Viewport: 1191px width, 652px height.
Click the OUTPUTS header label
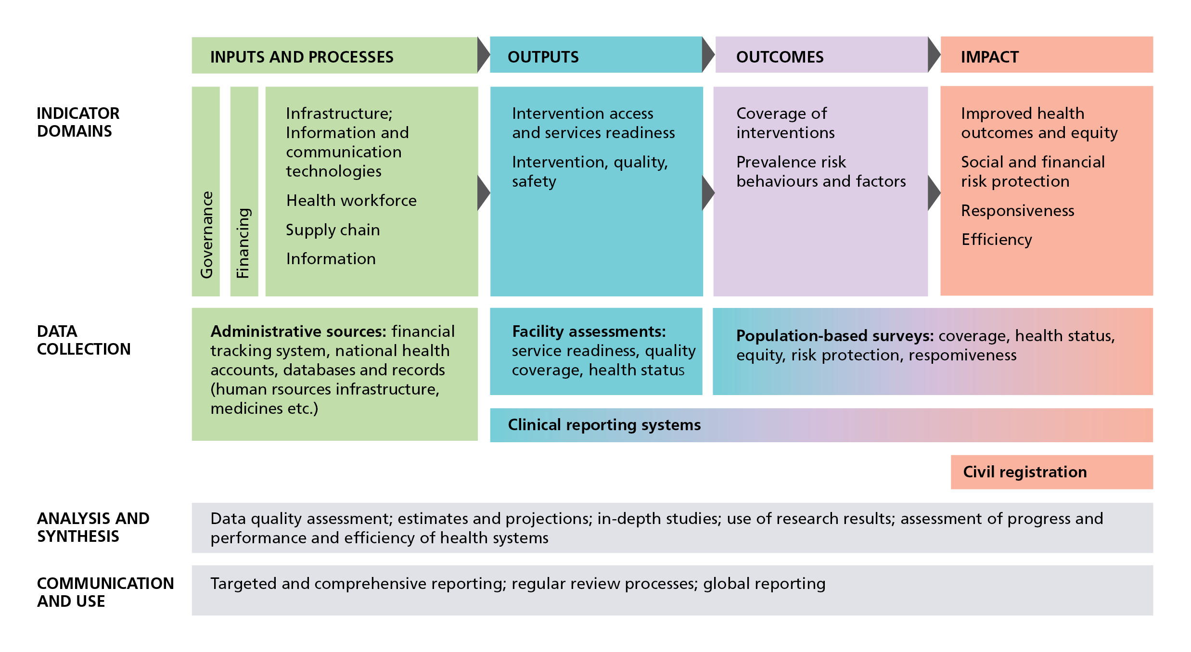[x=543, y=57]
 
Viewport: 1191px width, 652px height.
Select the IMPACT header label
[x=989, y=57]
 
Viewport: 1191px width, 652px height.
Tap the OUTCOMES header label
[x=780, y=57]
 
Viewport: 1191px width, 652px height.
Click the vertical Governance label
[x=206, y=234]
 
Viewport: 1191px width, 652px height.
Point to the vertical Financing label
[x=243, y=243]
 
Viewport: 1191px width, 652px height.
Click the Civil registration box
[x=1025, y=472]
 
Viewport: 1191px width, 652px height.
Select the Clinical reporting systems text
[x=604, y=425]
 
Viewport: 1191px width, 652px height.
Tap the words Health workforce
[x=351, y=201]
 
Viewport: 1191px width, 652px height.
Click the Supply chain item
[x=333, y=230]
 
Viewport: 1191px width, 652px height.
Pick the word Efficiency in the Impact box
[x=997, y=240]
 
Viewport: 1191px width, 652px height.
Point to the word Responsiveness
[x=1017, y=211]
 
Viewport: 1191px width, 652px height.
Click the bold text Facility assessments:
[x=589, y=332]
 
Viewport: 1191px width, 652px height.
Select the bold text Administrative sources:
[x=298, y=332]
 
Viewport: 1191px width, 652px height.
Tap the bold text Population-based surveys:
[x=834, y=336]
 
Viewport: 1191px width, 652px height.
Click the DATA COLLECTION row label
[x=83, y=340]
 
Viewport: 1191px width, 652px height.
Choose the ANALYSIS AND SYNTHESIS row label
[x=93, y=527]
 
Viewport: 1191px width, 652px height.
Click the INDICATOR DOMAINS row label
[x=78, y=122]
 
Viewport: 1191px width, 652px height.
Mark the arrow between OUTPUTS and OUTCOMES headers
[x=708, y=55]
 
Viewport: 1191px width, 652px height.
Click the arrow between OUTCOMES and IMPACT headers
[x=934, y=55]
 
